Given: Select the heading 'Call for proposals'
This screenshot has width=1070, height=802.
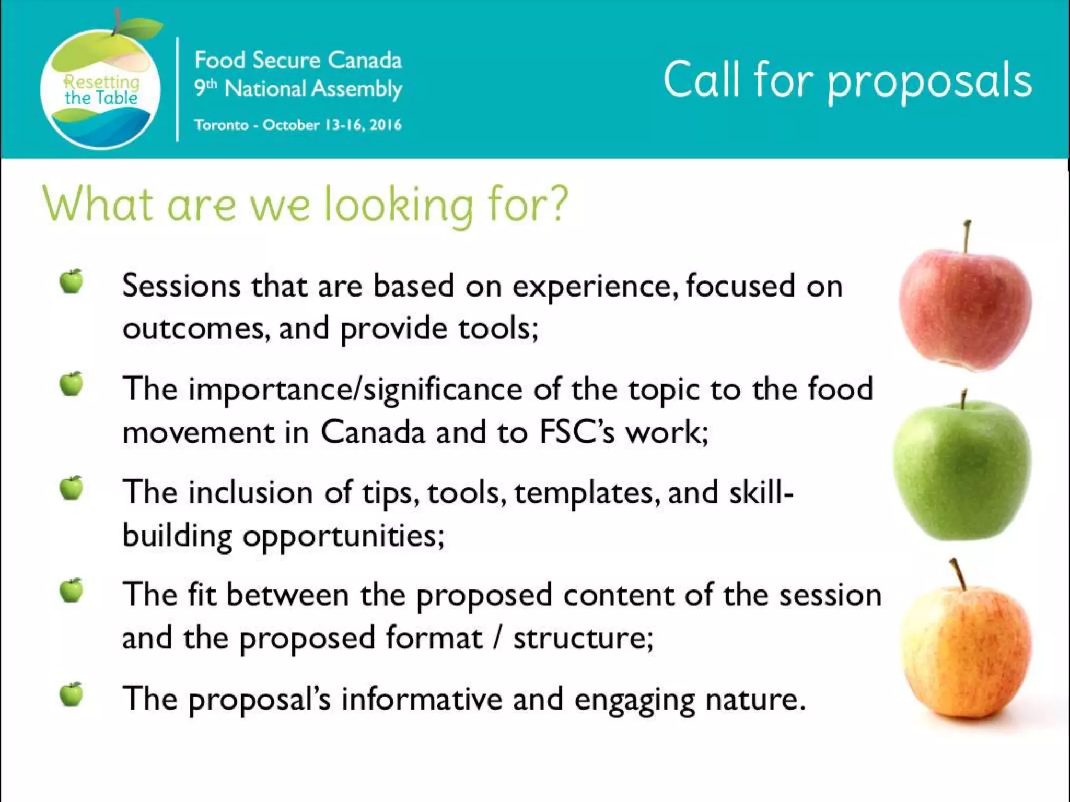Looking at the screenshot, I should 847,81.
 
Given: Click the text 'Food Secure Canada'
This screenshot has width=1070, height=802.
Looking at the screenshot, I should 298,61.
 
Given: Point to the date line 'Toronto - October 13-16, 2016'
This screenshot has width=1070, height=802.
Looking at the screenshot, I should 298,125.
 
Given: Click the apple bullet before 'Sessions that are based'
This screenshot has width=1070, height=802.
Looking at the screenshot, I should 71,282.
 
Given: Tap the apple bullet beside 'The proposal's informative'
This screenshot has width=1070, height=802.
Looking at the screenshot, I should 71,694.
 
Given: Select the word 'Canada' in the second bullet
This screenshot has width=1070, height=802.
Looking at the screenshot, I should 373,432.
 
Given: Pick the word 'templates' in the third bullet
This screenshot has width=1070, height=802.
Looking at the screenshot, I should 584,493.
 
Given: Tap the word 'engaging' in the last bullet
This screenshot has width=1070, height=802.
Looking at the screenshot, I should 634,700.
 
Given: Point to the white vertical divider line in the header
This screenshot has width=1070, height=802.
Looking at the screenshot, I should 178,89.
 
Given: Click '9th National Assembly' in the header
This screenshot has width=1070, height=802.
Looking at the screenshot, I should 298,89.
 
